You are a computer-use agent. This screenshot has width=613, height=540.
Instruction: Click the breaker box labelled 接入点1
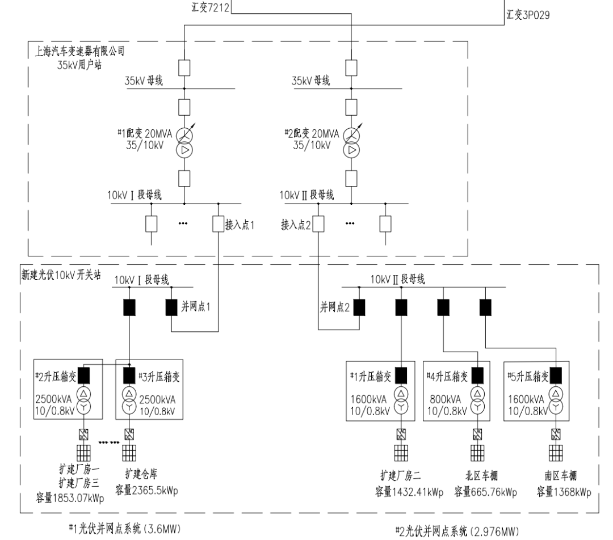219,224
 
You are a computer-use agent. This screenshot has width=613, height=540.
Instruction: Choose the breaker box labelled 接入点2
318,224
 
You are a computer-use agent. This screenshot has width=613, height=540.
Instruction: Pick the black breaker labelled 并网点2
359,307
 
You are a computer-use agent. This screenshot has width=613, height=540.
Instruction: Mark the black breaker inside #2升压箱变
85,376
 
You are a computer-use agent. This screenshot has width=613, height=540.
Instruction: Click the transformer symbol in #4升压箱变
478,400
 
